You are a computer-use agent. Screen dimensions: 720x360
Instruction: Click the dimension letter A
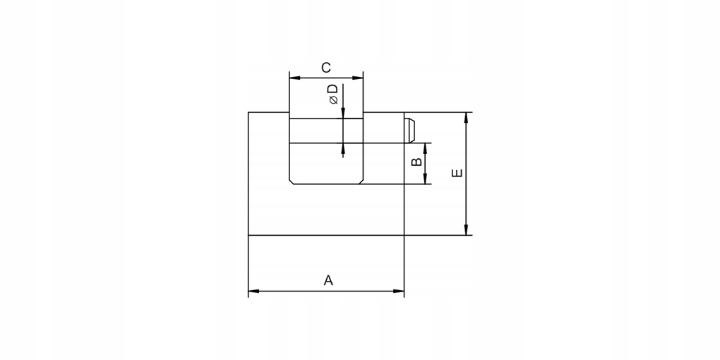[328, 280]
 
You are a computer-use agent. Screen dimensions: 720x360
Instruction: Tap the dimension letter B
[416, 162]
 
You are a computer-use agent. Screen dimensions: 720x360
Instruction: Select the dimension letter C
[325, 68]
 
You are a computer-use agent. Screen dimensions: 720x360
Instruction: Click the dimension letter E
[457, 173]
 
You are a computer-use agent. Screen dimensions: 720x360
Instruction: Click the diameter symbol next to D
[334, 100]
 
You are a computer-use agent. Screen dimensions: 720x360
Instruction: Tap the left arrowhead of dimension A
[253, 291]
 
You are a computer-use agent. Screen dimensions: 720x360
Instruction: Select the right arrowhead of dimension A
[399, 291]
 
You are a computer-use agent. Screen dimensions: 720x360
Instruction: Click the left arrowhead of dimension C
[294, 78]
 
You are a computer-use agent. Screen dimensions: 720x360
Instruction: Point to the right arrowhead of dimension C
[358, 78]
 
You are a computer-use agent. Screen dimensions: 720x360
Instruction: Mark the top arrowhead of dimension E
[466, 118]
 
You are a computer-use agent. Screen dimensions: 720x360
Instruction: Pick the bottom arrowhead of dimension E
[466, 230]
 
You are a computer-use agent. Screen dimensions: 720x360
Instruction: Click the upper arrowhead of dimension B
[425, 148]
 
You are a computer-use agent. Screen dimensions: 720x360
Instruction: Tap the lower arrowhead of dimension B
[425, 179]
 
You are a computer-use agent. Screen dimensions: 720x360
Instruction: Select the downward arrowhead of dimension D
[343, 113]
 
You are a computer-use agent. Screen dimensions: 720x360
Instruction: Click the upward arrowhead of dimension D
[343, 149]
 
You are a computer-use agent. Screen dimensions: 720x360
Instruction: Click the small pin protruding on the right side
[409, 131]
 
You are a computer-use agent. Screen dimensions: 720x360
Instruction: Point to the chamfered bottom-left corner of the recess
[291, 182]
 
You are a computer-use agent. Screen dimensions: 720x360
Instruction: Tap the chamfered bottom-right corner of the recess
[361, 182]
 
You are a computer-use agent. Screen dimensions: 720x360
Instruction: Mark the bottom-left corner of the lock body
[248, 236]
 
